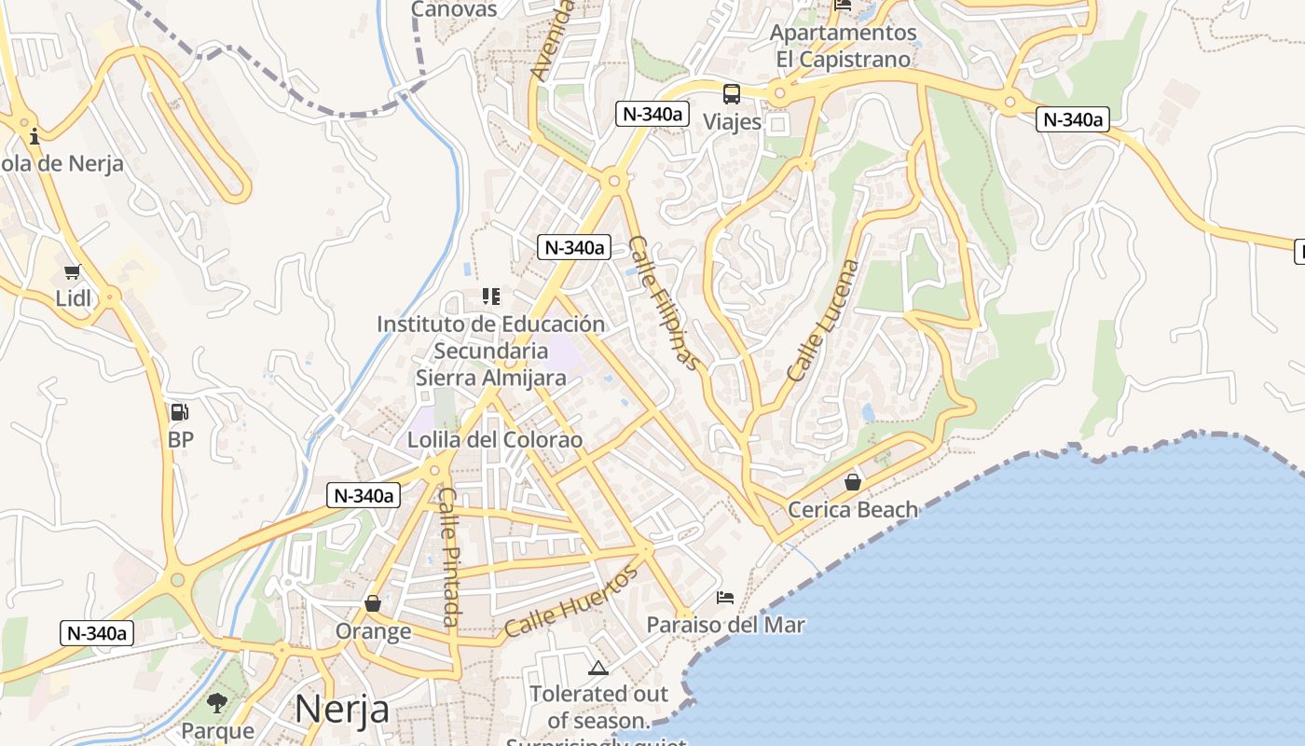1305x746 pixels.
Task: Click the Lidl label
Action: click(x=74, y=298)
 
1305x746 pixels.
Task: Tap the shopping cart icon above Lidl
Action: click(x=73, y=272)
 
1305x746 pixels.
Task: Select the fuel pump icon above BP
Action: click(x=179, y=411)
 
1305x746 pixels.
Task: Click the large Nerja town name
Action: click(x=342, y=709)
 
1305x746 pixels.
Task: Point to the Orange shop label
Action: click(x=373, y=631)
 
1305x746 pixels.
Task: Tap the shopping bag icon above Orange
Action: click(x=373, y=603)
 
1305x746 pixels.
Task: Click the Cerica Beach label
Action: click(x=853, y=509)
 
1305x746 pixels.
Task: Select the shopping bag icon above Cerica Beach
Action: click(x=852, y=482)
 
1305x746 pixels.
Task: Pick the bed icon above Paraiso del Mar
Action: click(x=725, y=597)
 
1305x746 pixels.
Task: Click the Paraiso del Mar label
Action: click(x=726, y=624)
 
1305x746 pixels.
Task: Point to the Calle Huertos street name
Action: click(x=571, y=601)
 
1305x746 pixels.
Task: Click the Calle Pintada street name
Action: click(x=448, y=557)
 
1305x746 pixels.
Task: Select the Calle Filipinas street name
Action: click(x=663, y=303)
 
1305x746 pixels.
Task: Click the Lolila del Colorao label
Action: click(x=495, y=439)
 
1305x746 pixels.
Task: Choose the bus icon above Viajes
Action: click(x=732, y=94)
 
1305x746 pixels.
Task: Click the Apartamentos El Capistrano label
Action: click(x=843, y=46)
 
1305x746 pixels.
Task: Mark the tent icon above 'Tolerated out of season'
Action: click(x=598, y=668)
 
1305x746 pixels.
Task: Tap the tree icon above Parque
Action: click(x=217, y=702)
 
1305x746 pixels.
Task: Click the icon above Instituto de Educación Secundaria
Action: click(x=491, y=297)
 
